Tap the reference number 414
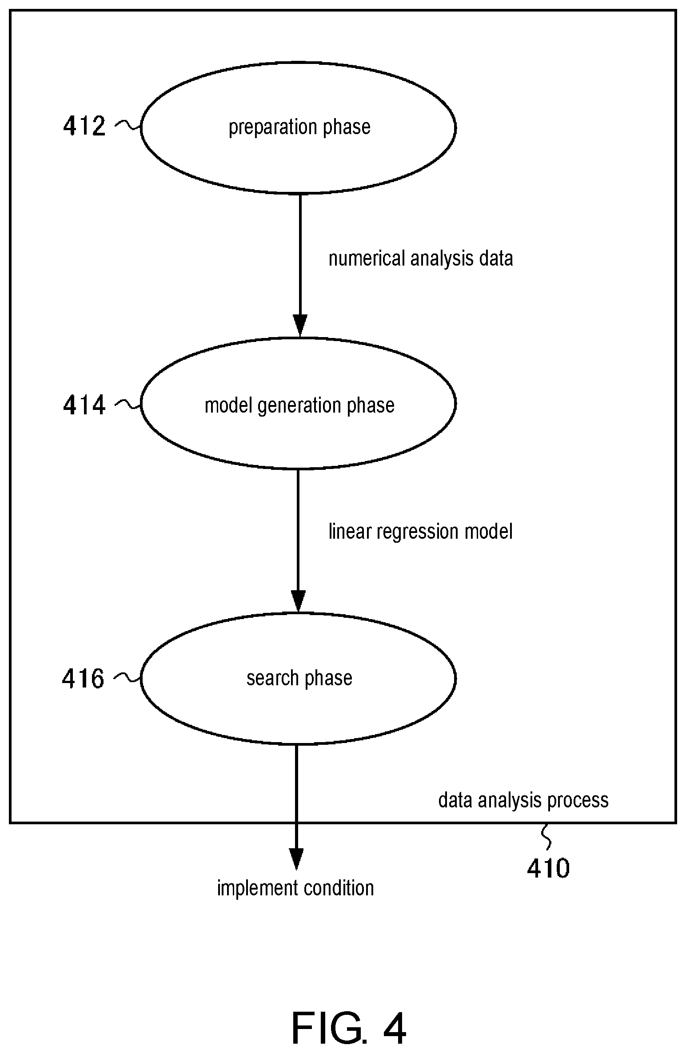84,405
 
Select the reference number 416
83,678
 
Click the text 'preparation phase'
299,127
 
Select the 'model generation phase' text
299,405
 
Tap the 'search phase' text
299,678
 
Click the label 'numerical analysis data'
421,258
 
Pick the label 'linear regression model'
421,531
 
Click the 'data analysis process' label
523,800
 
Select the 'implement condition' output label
295,888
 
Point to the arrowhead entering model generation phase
300,326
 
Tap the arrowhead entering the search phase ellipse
298,601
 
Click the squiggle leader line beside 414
128,404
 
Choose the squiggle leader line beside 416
127,677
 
